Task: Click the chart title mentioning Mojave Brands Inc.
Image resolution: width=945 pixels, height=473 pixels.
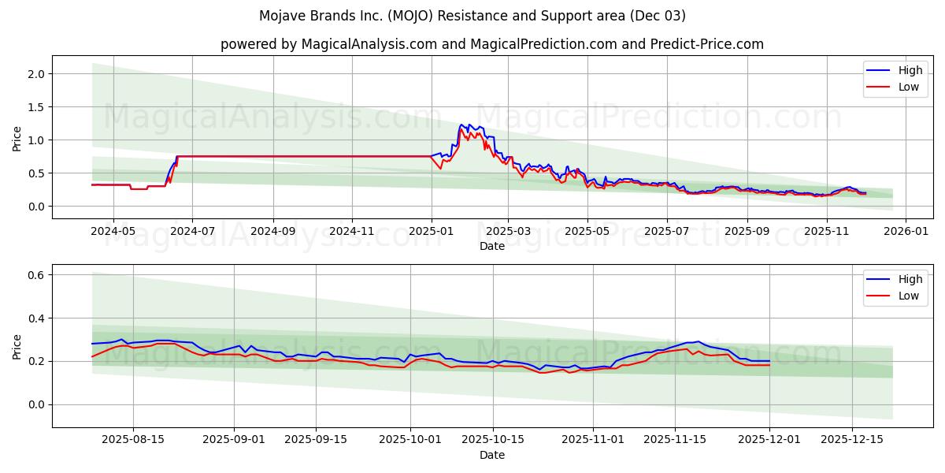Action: [x=472, y=16]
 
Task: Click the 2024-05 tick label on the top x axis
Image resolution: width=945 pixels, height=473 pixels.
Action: [x=113, y=232]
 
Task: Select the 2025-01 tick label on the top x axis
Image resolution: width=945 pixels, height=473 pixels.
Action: [x=431, y=232]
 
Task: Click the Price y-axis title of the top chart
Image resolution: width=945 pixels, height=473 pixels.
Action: [x=17, y=139]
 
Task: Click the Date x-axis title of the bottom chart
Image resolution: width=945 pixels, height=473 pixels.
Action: [x=492, y=455]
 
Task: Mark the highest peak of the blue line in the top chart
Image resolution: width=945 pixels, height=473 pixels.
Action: [x=461, y=125]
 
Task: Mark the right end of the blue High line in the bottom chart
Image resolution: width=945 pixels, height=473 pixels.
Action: [x=769, y=361]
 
